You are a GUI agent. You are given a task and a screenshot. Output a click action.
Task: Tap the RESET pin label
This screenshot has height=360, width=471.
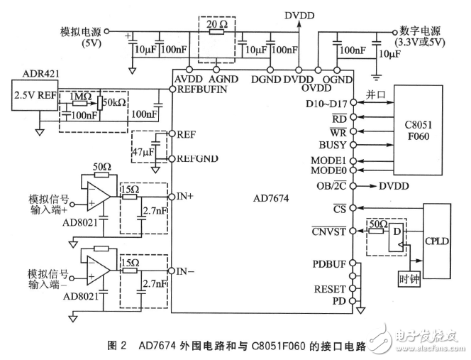coord(330,289)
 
